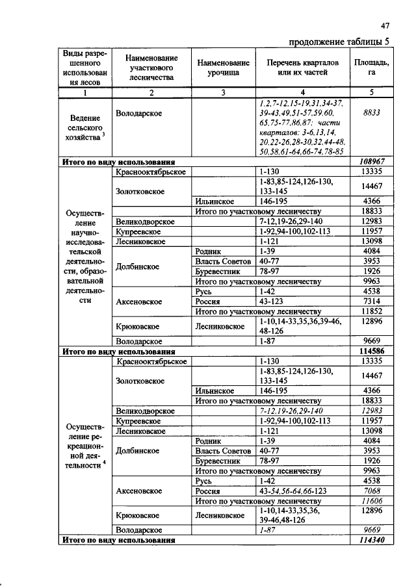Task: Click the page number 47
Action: tap(385, 26)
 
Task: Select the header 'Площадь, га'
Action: tap(371, 67)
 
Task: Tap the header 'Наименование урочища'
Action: tap(223, 67)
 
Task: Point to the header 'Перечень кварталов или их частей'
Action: tap(300, 67)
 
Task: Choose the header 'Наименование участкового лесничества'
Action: tap(151, 67)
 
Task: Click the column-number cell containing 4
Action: tap(300, 92)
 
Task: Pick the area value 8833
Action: tap(371, 113)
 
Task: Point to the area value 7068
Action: tap(371, 492)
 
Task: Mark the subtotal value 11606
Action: tap(371, 502)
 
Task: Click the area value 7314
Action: tap(371, 301)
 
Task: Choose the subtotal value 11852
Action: tap(371, 311)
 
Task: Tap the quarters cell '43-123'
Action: tap(273, 301)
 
